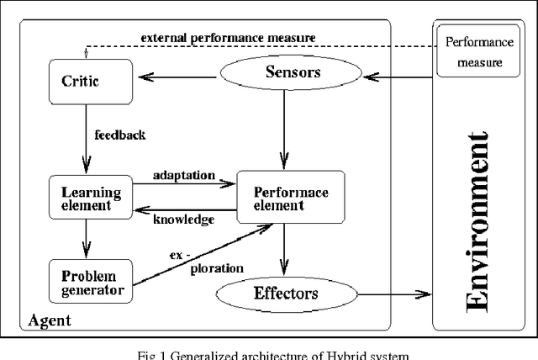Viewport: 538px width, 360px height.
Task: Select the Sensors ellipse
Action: [x=284, y=73]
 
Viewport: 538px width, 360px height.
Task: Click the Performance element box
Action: [x=291, y=199]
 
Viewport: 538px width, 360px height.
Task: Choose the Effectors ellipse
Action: [x=284, y=294]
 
